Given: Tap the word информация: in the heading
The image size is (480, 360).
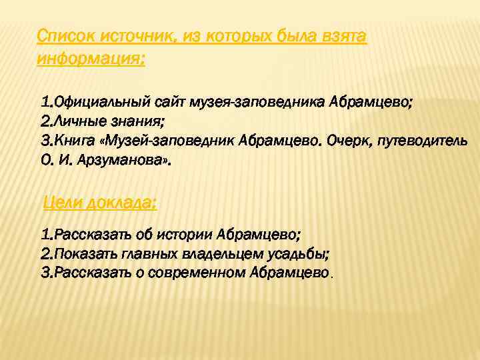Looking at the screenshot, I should click(91, 58).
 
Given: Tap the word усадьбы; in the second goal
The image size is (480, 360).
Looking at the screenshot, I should click(305, 255).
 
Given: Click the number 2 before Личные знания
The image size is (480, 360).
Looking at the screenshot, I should click(45, 123).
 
